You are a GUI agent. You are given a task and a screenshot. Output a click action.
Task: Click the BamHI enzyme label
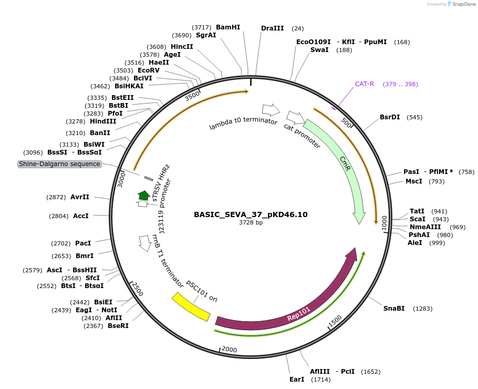(x=228, y=27)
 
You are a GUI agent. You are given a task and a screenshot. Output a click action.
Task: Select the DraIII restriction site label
(x=272, y=28)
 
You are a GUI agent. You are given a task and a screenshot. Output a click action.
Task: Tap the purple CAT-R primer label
(x=365, y=84)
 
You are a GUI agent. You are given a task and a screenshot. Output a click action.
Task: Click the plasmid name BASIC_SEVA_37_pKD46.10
(x=251, y=214)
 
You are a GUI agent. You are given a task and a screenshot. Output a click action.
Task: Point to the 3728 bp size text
(x=251, y=223)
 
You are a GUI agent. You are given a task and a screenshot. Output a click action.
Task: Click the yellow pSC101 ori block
(x=191, y=307)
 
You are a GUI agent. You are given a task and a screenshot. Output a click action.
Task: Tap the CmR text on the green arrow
(x=345, y=163)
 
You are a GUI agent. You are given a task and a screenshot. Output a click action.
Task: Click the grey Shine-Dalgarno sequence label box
(x=59, y=164)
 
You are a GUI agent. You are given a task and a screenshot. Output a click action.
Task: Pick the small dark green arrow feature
(x=143, y=196)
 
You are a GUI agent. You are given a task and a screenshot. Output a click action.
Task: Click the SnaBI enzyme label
(x=394, y=308)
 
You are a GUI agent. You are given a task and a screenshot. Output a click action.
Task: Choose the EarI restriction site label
(x=297, y=379)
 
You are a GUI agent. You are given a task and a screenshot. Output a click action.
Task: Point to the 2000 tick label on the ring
(x=230, y=350)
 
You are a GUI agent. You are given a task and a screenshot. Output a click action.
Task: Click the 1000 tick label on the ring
(x=384, y=222)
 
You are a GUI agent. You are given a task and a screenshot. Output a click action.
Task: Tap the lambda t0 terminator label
(x=243, y=124)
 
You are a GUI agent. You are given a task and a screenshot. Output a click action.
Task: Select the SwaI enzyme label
(x=319, y=50)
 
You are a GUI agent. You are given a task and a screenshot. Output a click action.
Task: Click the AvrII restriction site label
(x=80, y=197)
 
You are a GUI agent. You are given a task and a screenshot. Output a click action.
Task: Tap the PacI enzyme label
(x=83, y=243)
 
